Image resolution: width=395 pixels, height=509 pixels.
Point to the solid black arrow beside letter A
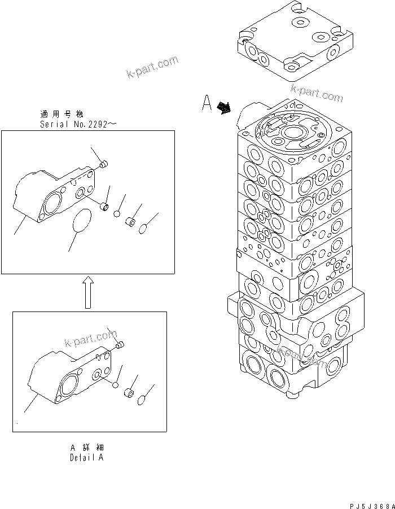[225, 107]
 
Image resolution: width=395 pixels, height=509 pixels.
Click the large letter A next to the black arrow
[207, 104]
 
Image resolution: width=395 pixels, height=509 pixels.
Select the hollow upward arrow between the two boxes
[87, 292]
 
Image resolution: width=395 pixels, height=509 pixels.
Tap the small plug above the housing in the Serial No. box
[103, 164]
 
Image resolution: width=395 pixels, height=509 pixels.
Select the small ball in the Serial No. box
[117, 214]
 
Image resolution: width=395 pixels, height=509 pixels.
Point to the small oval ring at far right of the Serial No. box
[144, 227]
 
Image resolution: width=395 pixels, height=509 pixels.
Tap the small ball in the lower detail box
[115, 385]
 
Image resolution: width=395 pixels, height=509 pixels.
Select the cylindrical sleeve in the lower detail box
[129, 393]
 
